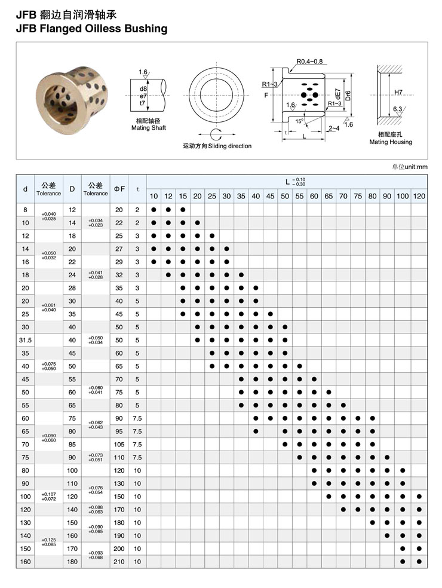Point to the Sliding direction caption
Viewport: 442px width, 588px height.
[x=217, y=146]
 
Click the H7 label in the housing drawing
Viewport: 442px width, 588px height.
[x=398, y=93]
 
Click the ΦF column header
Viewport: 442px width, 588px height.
[x=119, y=189]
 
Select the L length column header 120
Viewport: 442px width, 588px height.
[x=419, y=196]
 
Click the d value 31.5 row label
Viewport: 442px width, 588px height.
[x=25, y=340]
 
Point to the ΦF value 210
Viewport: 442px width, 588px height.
[x=119, y=562]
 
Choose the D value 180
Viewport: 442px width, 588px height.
[x=72, y=562]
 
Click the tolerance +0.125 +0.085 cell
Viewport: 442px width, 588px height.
[x=48, y=542]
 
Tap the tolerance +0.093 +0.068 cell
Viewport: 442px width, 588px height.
[x=96, y=555]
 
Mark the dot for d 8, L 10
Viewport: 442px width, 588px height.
[x=154, y=210]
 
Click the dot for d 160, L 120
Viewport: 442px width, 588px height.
[x=419, y=562]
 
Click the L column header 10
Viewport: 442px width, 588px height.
[x=154, y=196]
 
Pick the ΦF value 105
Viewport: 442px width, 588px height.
[x=119, y=444]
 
